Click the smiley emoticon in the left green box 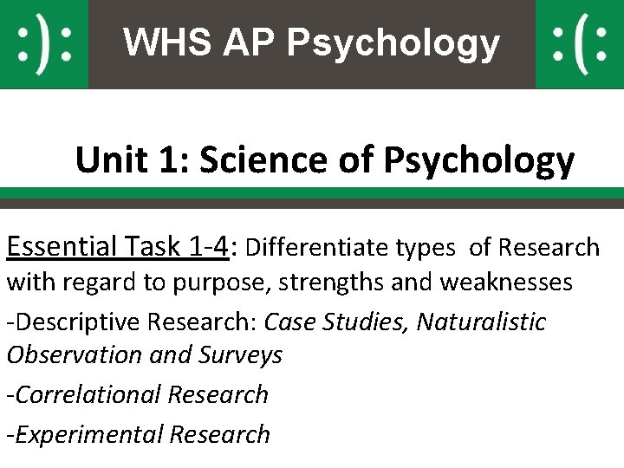(44, 44)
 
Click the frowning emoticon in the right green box (579, 44)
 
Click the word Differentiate (321, 249)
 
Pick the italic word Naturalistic (481, 322)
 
